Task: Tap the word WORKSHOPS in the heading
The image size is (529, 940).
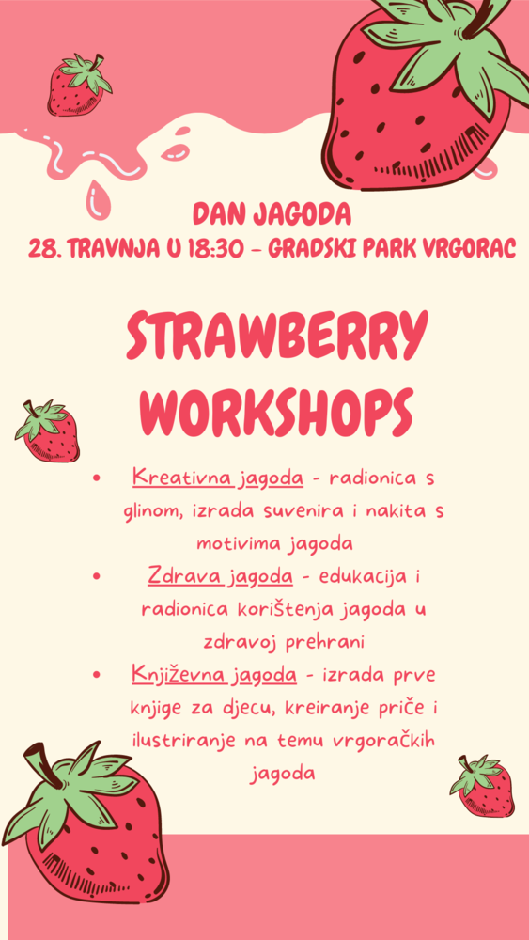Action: click(277, 409)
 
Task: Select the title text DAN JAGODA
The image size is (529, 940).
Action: click(272, 214)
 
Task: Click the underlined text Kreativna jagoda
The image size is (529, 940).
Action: click(218, 478)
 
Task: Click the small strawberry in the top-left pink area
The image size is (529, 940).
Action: click(79, 86)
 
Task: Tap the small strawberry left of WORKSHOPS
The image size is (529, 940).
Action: click(48, 432)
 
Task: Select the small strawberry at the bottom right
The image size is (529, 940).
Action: click(483, 787)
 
